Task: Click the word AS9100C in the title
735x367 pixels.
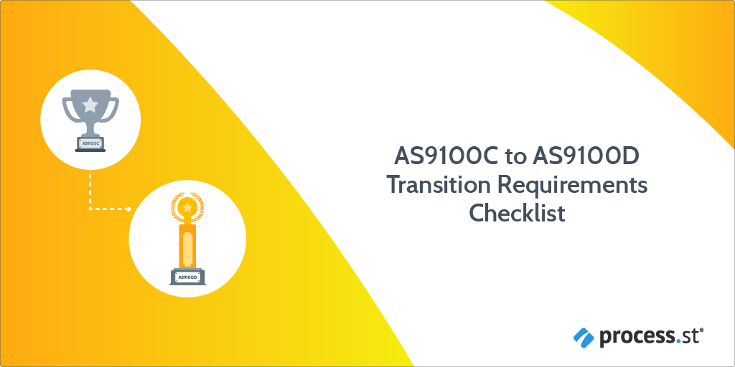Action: [x=437, y=156]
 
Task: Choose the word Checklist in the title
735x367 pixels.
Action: [x=517, y=214]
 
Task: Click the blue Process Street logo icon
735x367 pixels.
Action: [x=583, y=335]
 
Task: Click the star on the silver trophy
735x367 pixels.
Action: [x=90, y=105]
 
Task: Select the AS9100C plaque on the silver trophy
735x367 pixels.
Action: [x=90, y=143]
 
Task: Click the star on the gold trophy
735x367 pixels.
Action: [x=187, y=208]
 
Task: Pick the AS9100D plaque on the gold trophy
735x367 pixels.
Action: [x=187, y=277]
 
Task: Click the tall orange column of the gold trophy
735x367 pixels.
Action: [x=187, y=244]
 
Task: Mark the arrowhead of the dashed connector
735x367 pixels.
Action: [x=128, y=209]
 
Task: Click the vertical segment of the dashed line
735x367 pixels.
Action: [x=90, y=190]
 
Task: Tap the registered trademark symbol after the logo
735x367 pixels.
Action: [x=701, y=330]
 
